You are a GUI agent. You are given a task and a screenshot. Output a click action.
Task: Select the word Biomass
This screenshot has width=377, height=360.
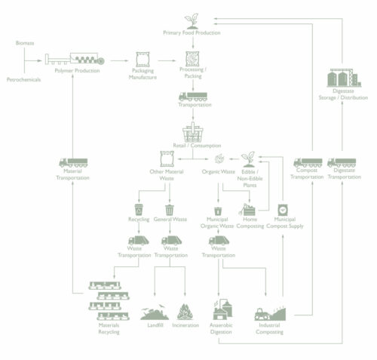coord(25,43)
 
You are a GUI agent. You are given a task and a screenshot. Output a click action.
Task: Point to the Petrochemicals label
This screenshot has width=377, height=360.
coord(23,79)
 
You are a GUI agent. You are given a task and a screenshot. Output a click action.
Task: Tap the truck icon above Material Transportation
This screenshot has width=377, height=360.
coord(72,163)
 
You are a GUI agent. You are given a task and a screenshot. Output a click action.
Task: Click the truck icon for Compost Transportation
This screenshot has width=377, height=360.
coord(308,162)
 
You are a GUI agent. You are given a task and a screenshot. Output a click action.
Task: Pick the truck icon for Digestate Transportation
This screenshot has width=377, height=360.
coord(342,162)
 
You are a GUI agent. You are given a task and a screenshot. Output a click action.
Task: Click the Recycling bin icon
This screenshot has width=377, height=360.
coord(139,209)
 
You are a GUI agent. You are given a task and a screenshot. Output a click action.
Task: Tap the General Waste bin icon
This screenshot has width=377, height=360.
coord(169,209)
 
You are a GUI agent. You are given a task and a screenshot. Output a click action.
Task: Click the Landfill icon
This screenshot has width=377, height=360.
coord(154,312)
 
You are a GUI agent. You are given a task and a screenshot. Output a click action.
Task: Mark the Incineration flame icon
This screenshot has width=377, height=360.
coord(185,312)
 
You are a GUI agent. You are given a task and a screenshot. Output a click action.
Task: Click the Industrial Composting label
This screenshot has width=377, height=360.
coord(269,328)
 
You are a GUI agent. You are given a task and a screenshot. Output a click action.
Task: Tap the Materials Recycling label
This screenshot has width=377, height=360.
coord(109,328)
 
